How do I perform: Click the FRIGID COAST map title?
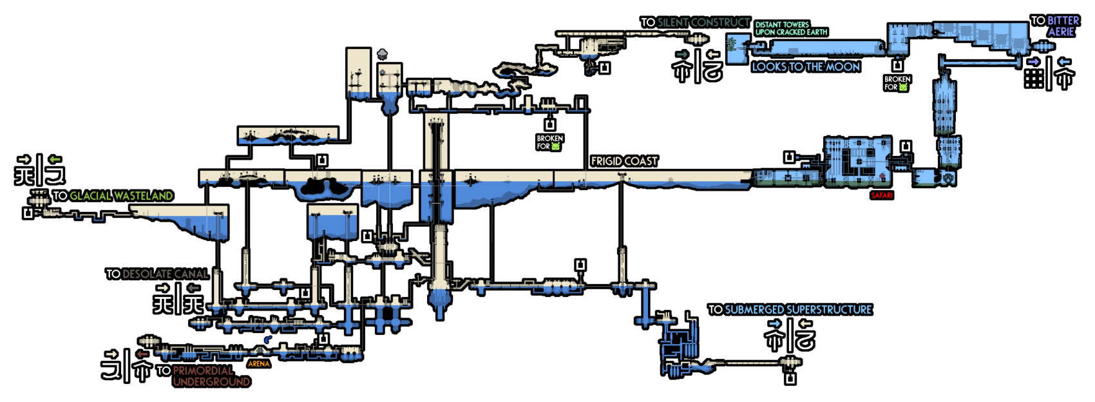tap(624, 161)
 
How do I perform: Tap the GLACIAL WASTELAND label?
tap(120, 196)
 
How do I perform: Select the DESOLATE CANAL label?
tap(165, 274)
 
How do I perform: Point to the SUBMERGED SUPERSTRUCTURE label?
tap(798, 310)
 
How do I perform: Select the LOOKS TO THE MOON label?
tap(806, 67)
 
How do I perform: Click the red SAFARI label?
tap(882, 195)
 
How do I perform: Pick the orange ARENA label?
tap(259, 364)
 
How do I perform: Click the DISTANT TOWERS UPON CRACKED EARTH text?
tap(791, 28)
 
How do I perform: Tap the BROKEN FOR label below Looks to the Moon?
tap(897, 83)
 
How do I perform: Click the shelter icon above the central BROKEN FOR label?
tap(550, 125)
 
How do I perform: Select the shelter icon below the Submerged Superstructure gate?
tap(790, 379)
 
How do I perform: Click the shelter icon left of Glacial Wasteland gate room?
tap(28, 213)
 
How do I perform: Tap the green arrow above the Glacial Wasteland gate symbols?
tap(55, 159)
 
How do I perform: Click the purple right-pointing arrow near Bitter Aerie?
tap(1033, 62)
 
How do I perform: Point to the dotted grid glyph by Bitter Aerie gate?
tap(1034, 79)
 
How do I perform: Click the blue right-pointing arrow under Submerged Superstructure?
tap(774, 323)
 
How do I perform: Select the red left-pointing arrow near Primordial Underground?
tap(142, 354)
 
